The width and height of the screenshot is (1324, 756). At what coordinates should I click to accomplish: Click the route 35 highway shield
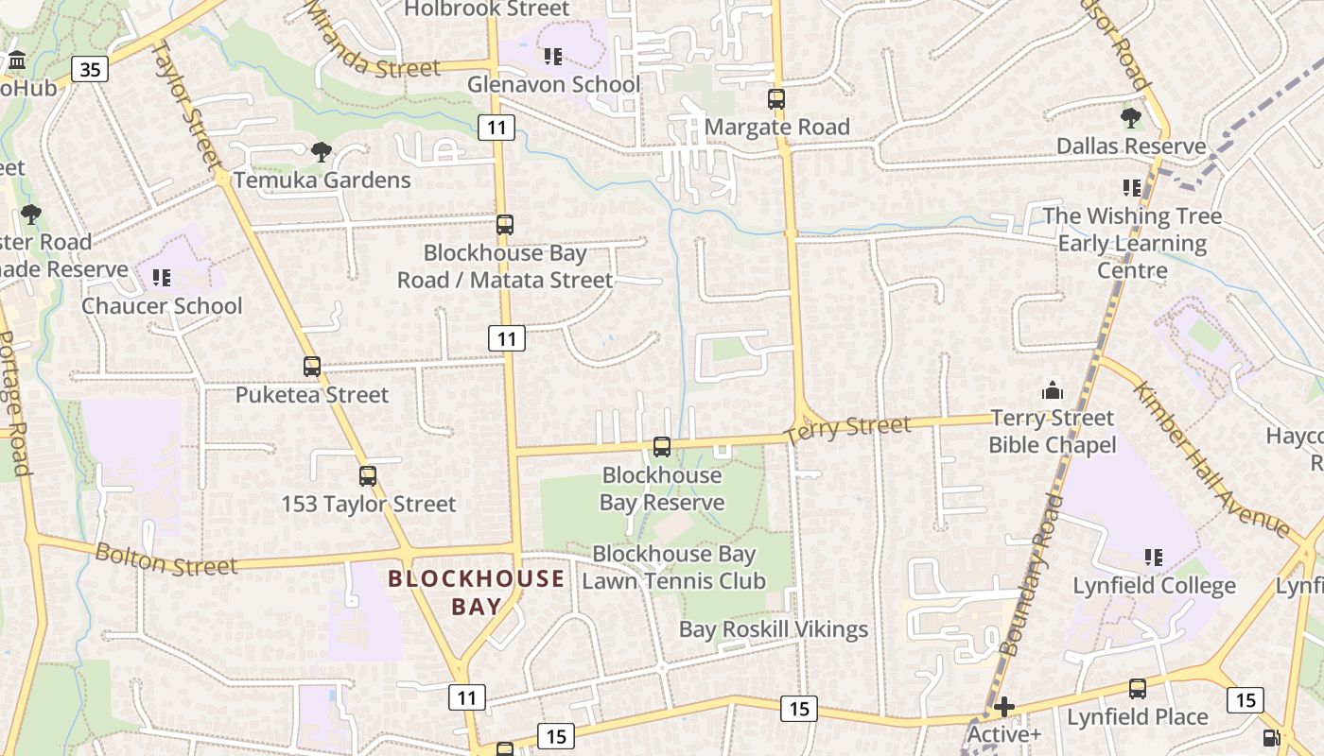(x=89, y=69)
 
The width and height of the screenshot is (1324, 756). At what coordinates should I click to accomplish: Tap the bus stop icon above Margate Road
(x=776, y=98)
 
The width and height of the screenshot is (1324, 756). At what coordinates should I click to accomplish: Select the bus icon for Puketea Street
(x=312, y=367)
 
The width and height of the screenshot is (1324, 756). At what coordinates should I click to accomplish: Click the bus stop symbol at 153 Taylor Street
(x=368, y=476)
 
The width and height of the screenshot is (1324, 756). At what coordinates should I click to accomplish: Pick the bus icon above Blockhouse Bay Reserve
(x=662, y=447)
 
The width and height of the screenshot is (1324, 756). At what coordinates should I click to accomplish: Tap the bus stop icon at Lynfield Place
(x=1138, y=689)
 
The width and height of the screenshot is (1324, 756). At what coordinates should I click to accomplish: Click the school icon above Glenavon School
(x=553, y=57)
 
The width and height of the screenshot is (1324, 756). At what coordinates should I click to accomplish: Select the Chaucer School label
(x=162, y=305)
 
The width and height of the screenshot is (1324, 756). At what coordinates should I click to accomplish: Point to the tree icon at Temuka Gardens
(x=322, y=151)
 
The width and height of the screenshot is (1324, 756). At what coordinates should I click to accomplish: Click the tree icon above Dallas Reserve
(x=1130, y=118)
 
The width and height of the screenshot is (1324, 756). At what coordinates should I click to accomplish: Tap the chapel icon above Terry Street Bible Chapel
(x=1052, y=389)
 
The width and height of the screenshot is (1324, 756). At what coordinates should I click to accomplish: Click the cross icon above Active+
(x=1004, y=707)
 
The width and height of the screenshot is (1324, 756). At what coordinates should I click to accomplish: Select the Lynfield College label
(x=1154, y=586)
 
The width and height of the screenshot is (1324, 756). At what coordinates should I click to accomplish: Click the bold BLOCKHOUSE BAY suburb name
(x=477, y=593)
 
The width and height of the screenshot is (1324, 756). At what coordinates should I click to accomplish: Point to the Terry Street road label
(x=848, y=428)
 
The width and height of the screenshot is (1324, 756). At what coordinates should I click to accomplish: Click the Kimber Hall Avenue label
(x=1211, y=460)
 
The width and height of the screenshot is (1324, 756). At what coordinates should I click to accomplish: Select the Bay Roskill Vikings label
(x=774, y=629)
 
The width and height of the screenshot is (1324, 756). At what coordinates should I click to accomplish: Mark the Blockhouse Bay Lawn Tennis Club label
(x=673, y=567)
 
